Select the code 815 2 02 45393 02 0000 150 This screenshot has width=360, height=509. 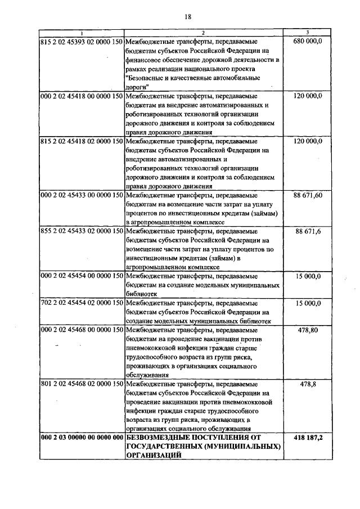point(82,42)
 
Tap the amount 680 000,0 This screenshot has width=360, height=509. point(308,42)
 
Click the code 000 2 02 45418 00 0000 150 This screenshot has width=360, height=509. point(82,96)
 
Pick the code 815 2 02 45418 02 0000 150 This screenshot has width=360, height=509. point(82,141)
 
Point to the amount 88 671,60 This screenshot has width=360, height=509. point(308,195)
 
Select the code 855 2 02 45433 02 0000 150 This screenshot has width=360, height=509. point(82,231)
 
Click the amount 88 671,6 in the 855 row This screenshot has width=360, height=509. point(308,231)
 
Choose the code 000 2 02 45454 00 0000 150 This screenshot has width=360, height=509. point(82,276)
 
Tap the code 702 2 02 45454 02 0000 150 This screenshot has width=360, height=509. point(82,303)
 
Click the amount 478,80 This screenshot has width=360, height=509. point(308,330)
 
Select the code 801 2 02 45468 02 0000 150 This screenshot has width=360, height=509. point(82,384)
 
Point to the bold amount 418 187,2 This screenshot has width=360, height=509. point(308,438)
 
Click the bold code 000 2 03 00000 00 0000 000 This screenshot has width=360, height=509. point(82,438)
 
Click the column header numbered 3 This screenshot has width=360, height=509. point(308,33)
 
